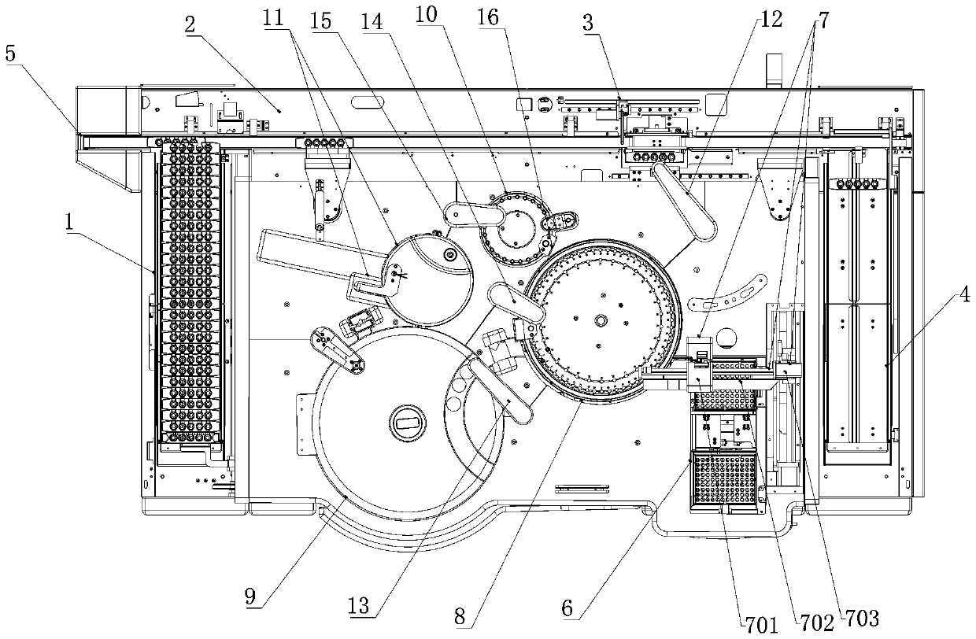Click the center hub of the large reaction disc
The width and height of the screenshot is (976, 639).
pos(600,321)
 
